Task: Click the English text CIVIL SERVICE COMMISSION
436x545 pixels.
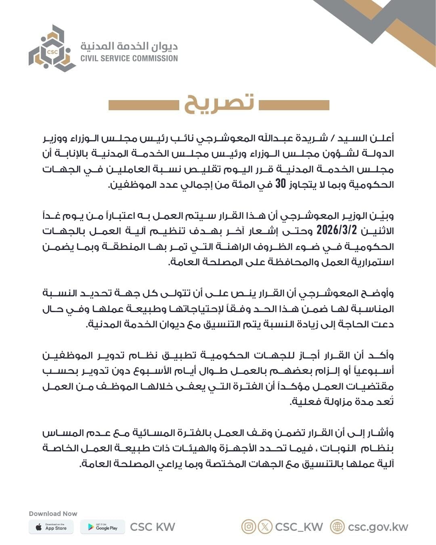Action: pyautogui.click(x=129, y=58)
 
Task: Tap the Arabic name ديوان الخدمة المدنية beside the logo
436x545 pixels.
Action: pyautogui.click(x=129, y=46)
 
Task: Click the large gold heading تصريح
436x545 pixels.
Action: pyautogui.click(x=219, y=103)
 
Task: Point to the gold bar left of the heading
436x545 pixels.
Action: pyautogui.click(x=143, y=105)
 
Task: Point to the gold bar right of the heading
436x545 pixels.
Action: pyautogui.click(x=293, y=105)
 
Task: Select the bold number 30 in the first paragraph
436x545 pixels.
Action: pyautogui.click(x=281, y=184)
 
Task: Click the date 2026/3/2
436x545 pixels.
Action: pyautogui.click(x=337, y=230)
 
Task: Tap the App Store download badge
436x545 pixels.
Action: pyautogui.click(x=51, y=527)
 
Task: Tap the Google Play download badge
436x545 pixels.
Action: pyautogui.click(x=103, y=527)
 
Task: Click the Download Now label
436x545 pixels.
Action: pyautogui.click(x=53, y=514)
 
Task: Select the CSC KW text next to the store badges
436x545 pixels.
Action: pyautogui.click(x=153, y=527)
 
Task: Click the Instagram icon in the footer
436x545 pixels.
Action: pyautogui.click(x=249, y=526)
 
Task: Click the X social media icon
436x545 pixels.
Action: pyautogui.click(x=265, y=526)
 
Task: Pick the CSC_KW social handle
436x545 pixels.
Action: pyautogui.click(x=299, y=527)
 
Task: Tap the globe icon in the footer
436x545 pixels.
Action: pyautogui.click(x=337, y=526)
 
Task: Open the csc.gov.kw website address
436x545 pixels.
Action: pyautogui.click(x=378, y=527)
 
